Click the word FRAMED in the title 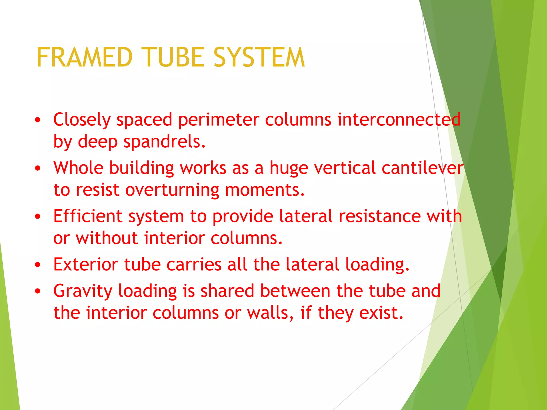pos(84,57)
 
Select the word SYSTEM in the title pos(259,57)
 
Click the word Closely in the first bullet pos(82,120)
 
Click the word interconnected pos(399,119)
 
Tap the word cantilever pos(423,168)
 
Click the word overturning pos(172,190)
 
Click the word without pos(107,238)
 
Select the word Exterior pos(86,265)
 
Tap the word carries pos(194,265)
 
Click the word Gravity pos(83,291)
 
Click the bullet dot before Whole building pos(38,168)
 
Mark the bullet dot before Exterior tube pos(38,265)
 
